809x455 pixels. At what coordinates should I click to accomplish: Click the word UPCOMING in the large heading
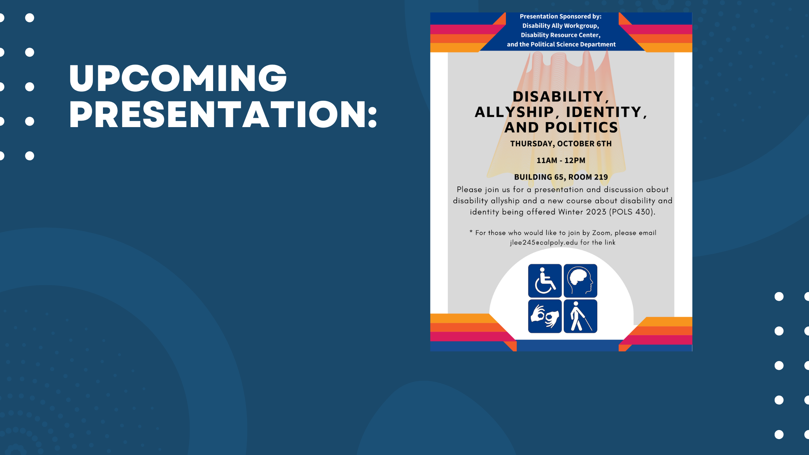pos(178,78)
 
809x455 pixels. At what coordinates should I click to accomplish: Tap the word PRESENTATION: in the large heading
pos(223,114)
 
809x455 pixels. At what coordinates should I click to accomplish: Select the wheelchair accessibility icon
pos(545,281)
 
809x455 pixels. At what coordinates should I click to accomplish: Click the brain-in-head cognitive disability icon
pos(580,281)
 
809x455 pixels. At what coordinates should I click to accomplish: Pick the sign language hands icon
pos(545,316)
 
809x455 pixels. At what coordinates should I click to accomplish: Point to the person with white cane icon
pos(580,316)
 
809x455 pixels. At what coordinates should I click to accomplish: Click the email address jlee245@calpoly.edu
pos(544,243)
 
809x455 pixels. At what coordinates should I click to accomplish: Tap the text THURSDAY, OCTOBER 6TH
pos(561,144)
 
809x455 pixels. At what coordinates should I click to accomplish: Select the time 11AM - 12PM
pos(561,160)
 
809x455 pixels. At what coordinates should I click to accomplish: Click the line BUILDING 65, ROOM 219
pos(561,177)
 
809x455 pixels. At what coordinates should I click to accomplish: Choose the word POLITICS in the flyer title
pos(581,127)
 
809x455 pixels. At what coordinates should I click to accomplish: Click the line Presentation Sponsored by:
pos(561,17)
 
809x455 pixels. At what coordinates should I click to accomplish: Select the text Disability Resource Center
pos(560,35)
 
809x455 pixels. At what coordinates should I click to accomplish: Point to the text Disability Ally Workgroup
pos(560,26)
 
